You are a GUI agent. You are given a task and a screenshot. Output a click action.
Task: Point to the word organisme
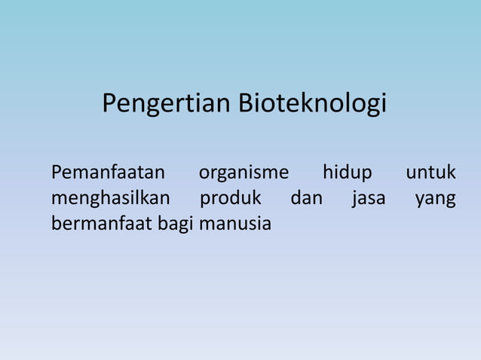[x=244, y=173]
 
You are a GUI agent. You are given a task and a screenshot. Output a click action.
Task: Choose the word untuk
[x=431, y=173]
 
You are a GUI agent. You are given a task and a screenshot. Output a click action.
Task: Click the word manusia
[x=234, y=224]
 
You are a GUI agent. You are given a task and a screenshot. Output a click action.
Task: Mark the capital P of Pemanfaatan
[x=56, y=173]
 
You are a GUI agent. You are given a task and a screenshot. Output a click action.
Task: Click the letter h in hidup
[x=327, y=172]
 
